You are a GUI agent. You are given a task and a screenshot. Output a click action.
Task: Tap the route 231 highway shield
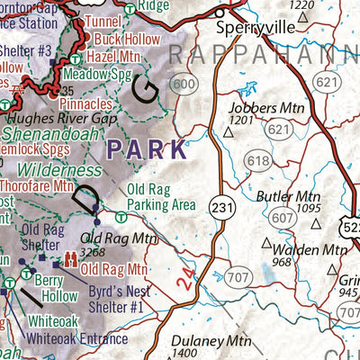(x=222, y=208)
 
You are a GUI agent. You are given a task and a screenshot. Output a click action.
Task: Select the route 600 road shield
(x=185, y=85)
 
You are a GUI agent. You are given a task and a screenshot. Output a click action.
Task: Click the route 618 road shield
(x=257, y=161)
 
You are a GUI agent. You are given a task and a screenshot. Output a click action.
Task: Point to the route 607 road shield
(x=283, y=218)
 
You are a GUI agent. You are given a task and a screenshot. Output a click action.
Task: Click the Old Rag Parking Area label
(x=161, y=197)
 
